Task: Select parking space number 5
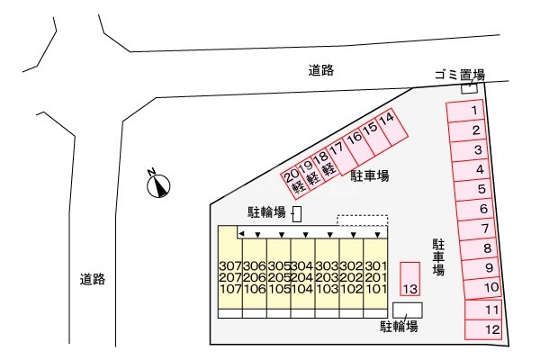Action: click(480, 189)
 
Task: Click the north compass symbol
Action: click(160, 185)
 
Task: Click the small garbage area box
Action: click(469, 87)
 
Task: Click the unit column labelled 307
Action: click(230, 277)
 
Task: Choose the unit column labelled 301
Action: click(374, 277)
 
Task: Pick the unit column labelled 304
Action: click(302, 277)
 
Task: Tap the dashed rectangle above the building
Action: click(362, 220)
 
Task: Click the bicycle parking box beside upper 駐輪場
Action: click(297, 213)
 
